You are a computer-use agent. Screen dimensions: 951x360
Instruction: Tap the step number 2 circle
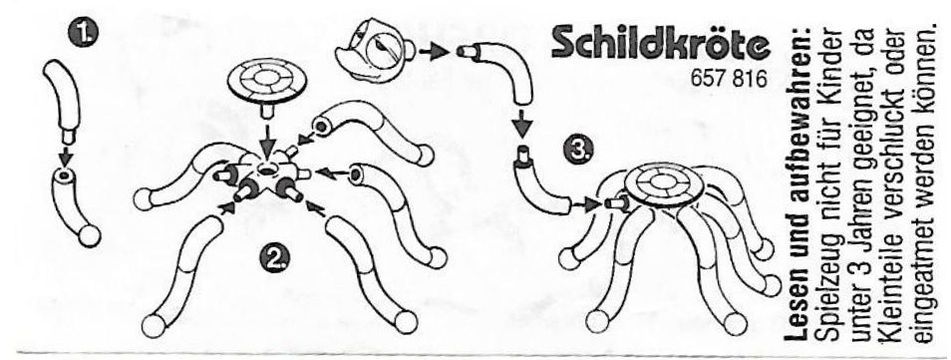coord(275,260)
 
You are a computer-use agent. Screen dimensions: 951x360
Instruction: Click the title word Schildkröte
coord(661,44)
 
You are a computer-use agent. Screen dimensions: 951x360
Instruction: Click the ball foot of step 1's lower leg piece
coord(90,235)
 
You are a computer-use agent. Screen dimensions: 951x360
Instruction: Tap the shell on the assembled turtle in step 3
coord(663,186)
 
